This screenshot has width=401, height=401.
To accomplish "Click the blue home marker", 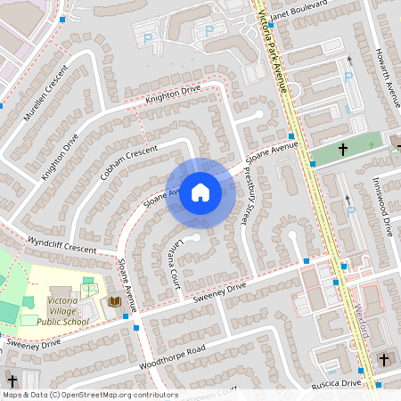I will tap(200, 192).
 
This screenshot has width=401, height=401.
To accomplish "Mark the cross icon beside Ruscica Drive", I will tap(384, 359).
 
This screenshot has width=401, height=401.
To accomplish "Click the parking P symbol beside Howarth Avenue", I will tap(348, 77).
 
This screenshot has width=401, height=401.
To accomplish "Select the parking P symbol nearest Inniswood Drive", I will tap(351, 211).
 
